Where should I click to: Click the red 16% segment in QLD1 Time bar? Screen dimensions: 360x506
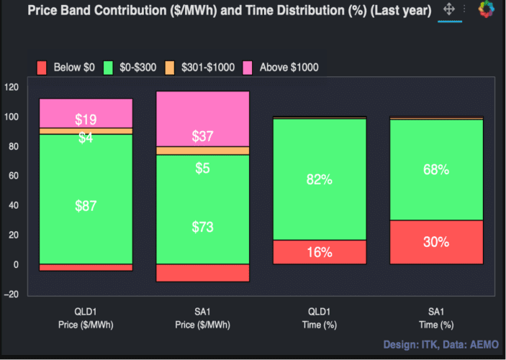pyautogui.click(x=320, y=252)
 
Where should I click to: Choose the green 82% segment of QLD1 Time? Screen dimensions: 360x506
pyautogui.click(x=320, y=179)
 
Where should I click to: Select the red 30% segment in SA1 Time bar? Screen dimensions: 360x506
pyautogui.click(x=436, y=242)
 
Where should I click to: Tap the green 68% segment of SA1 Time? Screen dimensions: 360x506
pyautogui.click(x=436, y=170)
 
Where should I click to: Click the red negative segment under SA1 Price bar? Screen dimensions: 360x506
pyautogui.click(x=203, y=273)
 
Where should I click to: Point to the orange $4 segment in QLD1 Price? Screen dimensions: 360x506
pyautogui.click(x=86, y=131)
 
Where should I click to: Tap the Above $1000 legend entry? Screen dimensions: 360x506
pyautogui.click(x=281, y=68)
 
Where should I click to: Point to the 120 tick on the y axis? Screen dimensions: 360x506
pyautogui.click(x=12, y=87)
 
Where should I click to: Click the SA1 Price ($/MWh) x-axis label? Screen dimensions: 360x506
pyautogui.click(x=203, y=319)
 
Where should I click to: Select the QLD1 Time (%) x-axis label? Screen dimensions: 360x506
pyautogui.click(x=320, y=319)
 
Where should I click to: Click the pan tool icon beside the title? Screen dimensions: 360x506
pyautogui.click(x=449, y=9)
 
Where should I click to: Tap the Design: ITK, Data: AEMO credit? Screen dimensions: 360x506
pyautogui.click(x=440, y=343)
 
